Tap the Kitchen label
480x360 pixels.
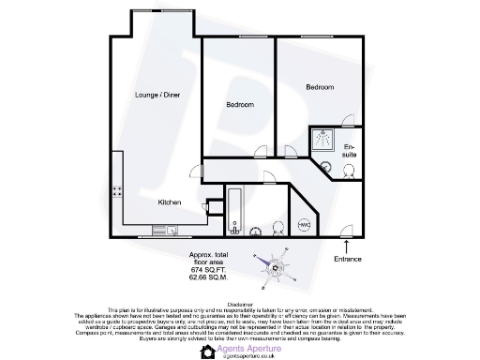[169, 202]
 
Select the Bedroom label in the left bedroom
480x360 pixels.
[239, 105]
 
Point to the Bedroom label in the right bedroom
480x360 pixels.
[320, 86]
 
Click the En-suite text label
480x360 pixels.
[350, 151]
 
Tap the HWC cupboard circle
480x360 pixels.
[304, 223]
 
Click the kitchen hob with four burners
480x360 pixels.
[119, 191]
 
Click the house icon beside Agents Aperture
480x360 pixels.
[208, 351]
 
